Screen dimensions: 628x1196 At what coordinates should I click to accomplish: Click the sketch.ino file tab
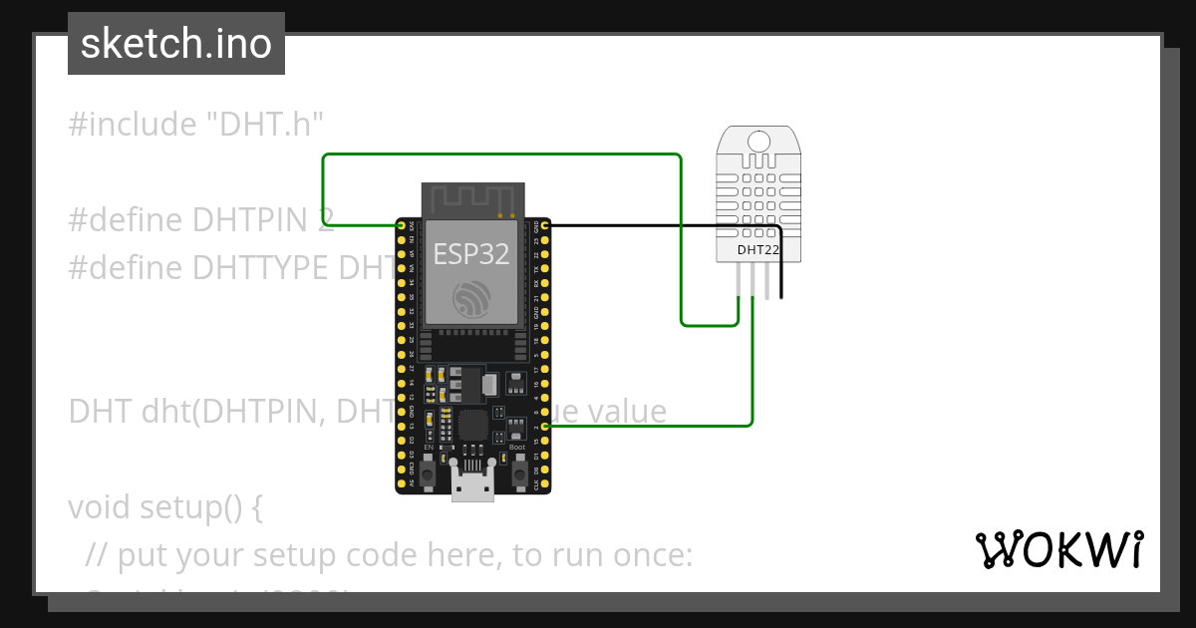click(176, 44)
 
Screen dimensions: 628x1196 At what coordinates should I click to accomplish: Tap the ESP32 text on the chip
click(470, 254)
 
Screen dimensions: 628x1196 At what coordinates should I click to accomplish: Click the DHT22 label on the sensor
click(757, 249)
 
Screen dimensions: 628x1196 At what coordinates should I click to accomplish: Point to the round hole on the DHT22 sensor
click(757, 141)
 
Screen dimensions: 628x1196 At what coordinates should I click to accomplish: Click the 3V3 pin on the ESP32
click(402, 226)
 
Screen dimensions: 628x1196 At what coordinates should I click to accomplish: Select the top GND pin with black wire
click(545, 226)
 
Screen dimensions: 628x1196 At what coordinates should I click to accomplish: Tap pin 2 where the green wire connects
click(545, 427)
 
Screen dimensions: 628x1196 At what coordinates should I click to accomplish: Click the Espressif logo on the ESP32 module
click(470, 299)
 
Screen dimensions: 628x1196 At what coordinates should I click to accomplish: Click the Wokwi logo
click(1058, 550)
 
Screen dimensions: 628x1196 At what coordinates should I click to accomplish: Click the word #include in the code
click(133, 125)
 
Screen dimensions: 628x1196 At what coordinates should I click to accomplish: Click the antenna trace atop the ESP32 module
click(471, 199)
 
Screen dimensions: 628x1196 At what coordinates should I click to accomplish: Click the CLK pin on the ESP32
click(545, 484)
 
